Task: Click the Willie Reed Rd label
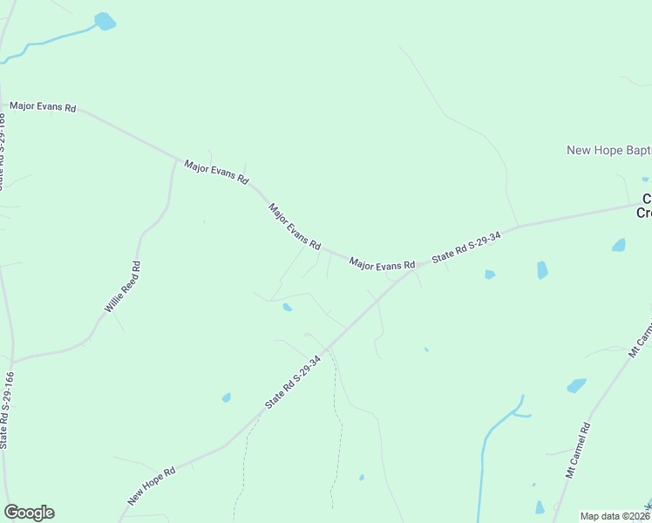(x=123, y=287)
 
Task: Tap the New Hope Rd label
(x=152, y=486)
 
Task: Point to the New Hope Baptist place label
(x=608, y=150)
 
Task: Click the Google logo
(x=29, y=513)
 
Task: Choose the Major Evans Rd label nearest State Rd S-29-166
(x=43, y=106)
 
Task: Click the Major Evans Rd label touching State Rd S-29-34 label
(x=382, y=263)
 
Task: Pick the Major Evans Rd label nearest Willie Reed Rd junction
(x=214, y=171)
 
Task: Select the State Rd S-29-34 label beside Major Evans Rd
(x=466, y=247)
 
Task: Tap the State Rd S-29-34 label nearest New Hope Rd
(x=299, y=381)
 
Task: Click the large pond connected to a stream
(x=105, y=21)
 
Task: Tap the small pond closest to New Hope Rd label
(x=227, y=397)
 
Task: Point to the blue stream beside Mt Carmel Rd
(x=482, y=462)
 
